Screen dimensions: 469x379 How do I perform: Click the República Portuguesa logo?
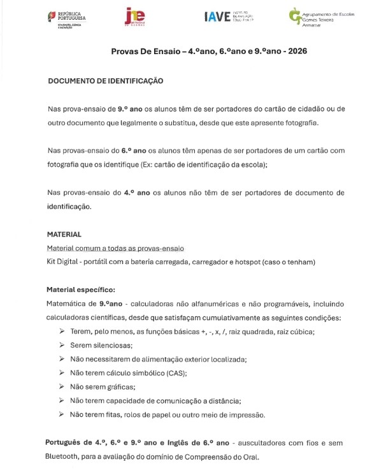tap(68, 19)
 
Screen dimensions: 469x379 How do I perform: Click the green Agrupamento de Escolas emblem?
tap(295, 16)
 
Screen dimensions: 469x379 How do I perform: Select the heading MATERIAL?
tap(64, 234)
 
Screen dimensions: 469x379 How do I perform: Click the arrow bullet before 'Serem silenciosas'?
tap(62, 345)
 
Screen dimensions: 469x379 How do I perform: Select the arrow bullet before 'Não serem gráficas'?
tap(62, 387)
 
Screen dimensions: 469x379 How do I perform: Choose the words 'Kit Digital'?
tap(62, 262)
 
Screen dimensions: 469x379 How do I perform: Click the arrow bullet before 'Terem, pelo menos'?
tap(62, 331)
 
